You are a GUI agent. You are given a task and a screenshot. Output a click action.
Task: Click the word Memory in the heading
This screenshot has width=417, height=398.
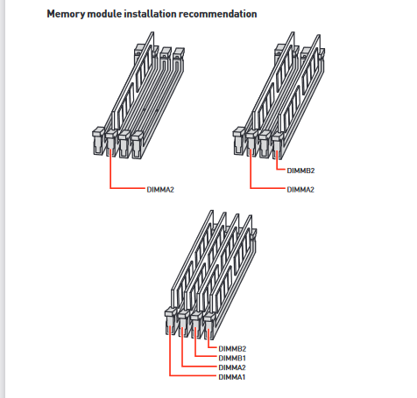(x=66, y=14)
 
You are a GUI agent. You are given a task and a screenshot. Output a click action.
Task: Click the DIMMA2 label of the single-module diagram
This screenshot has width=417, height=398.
(x=160, y=190)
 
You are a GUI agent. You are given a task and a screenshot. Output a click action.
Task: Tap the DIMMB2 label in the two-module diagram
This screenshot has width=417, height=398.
(x=300, y=171)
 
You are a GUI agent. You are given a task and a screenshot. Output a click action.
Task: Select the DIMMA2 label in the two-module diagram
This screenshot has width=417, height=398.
(x=300, y=190)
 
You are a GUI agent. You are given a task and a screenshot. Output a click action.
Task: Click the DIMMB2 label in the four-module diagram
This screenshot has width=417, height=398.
(x=232, y=349)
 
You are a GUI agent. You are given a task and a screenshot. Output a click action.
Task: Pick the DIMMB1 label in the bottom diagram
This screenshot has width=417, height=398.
(x=232, y=358)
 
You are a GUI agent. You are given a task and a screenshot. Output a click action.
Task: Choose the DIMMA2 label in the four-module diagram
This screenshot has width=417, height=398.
(x=232, y=367)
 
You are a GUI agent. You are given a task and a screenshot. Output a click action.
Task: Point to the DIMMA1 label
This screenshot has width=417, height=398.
(x=232, y=377)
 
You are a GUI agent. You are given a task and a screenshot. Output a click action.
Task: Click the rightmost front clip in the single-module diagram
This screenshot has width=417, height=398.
(x=137, y=145)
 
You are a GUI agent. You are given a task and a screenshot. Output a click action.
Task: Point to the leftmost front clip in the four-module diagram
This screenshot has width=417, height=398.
(x=170, y=321)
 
